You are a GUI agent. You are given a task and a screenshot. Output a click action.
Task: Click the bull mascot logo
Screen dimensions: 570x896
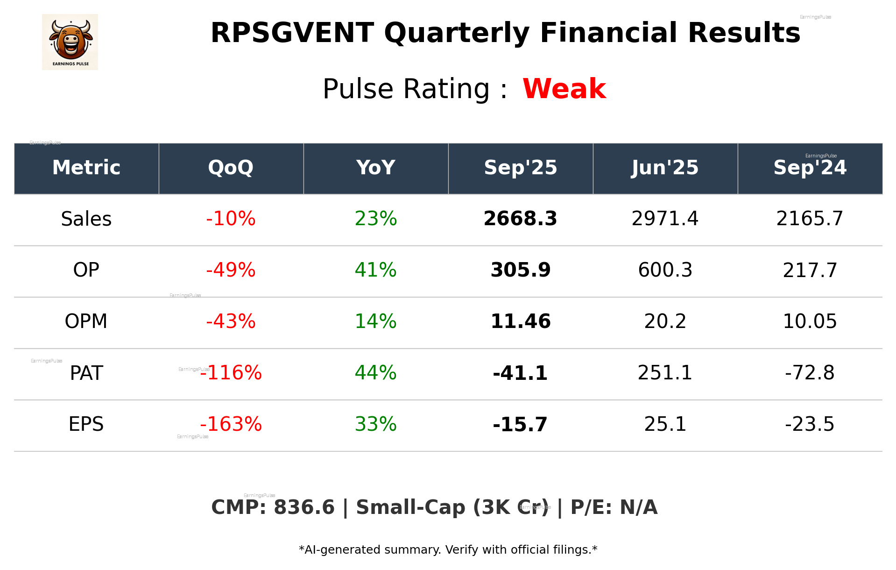point(70,42)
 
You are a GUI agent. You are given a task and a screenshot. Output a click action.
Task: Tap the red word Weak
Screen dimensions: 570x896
point(564,89)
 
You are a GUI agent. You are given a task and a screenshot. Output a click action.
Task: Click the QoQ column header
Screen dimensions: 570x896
point(231,168)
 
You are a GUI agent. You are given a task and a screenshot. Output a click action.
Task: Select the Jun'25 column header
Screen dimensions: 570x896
point(665,168)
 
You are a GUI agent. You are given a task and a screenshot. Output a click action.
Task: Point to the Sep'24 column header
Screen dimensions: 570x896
point(810,168)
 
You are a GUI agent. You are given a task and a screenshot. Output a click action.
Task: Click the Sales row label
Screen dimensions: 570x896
point(86,219)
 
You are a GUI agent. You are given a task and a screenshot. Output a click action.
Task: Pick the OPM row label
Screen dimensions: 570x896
point(86,321)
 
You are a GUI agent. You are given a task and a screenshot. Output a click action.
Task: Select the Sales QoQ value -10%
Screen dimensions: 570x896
point(231,219)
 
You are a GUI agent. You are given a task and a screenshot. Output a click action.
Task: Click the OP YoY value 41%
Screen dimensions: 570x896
point(375,270)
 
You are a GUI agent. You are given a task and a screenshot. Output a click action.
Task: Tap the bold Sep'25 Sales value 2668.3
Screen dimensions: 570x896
point(520,219)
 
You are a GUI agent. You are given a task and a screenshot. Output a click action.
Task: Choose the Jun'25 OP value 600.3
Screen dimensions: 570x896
point(665,270)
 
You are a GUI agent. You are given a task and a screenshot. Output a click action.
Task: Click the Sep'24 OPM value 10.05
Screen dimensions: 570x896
point(810,321)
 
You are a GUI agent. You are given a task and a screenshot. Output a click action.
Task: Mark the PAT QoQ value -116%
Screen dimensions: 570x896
point(231,373)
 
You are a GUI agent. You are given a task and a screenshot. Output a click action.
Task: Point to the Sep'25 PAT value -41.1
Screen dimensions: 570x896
point(520,373)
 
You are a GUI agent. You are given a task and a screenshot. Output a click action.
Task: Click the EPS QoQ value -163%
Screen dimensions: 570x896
point(231,424)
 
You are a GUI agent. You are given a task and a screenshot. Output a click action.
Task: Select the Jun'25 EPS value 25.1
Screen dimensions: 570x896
point(665,424)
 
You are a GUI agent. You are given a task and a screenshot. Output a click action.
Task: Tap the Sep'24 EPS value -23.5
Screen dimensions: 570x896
point(810,424)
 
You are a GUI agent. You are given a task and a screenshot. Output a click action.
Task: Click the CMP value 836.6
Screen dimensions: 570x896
point(304,507)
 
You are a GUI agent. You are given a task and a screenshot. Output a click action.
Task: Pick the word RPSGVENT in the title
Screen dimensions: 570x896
point(292,33)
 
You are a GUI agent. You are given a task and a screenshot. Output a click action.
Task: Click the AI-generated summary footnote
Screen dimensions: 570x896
point(448,550)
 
